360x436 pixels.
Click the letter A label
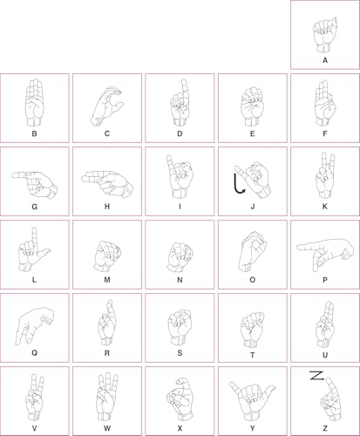(x=325, y=60)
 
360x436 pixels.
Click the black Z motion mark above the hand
(x=316, y=376)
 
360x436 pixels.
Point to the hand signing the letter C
(x=106, y=106)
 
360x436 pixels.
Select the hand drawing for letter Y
(x=252, y=401)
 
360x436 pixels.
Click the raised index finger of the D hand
(x=184, y=89)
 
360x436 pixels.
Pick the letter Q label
(x=34, y=353)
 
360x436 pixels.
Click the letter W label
(x=107, y=428)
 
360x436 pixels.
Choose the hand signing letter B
(x=35, y=102)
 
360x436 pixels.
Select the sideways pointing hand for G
(x=34, y=185)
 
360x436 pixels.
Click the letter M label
(x=107, y=280)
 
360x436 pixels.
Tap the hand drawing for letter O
(x=252, y=252)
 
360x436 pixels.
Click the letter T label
(x=252, y=355)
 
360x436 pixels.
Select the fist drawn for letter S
(x=180, y=327)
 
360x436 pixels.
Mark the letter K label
(x=325, y=207)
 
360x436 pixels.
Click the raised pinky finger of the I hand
(x=171, y=163)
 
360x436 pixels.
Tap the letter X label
(x=180, y=428)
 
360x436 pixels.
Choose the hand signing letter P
(x=325, y=255)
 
